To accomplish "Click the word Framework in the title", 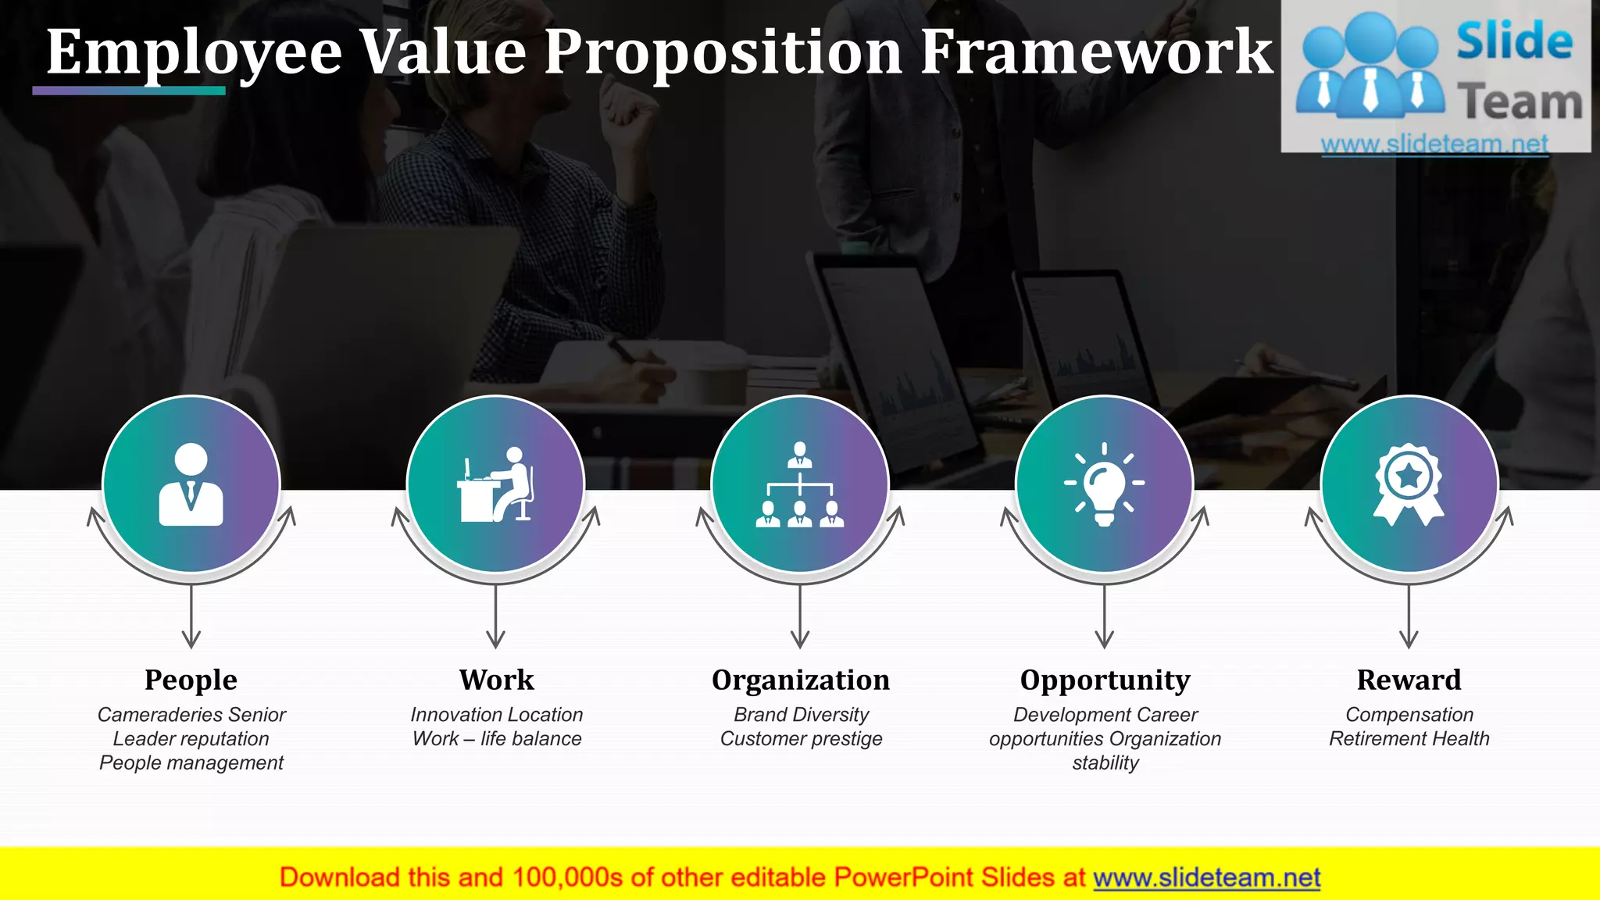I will pyautogui.click(x=1096, y=52).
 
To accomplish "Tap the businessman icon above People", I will pyautogui.click(x=191, y=484).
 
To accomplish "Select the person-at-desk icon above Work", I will pyautogui.click(x=495, y=484).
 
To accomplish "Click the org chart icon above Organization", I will pyautogui.click(x=799, y=484).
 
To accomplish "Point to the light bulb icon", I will pyautogui.click(x=1104, y=484).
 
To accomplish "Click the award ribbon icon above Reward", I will pyautogui.click(x=1409, y=484).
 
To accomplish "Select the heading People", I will pyautogui.click(x=191, y=680).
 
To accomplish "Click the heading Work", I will pyautogui.click(x=496, y=680).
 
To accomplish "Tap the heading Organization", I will pyautogui.click(x=800, y=680).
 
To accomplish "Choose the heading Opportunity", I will pyautogui.click(x=1105, y=680).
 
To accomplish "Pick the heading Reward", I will pyautogui.click(x=1409, y=680).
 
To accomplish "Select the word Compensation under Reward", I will pyautogui.click(x=1409, y=715).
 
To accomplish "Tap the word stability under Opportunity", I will pyautogui.click(x=1105, y=763).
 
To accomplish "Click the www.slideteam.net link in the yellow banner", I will pyautogui.click(x=1206, y=878).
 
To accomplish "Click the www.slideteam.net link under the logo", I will pyautogui.click(x=1434, y=144).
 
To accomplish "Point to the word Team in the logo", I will pyautogui.click(x=1519, y=102).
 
